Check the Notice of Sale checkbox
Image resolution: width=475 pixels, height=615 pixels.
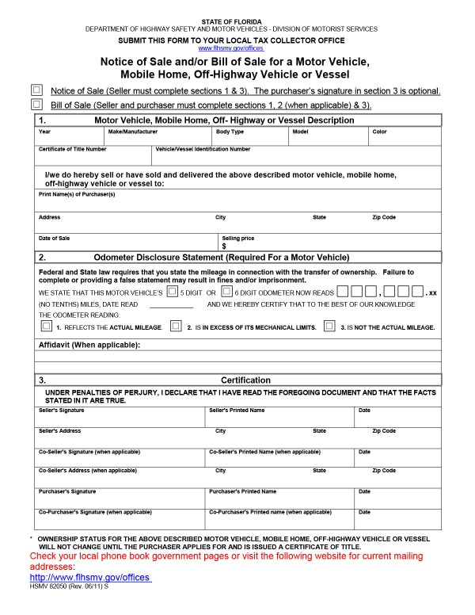point(36,90)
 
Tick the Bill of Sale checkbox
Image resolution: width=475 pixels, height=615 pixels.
point(36,104)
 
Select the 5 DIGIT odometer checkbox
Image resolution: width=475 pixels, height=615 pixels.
point(172,292)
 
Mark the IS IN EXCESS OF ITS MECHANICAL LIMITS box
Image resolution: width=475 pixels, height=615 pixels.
point(176,326)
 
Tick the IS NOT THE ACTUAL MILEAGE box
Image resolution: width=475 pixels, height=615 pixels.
point(329,326)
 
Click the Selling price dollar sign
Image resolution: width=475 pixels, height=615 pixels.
point(225,246)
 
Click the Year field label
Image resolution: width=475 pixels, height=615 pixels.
point(44,132)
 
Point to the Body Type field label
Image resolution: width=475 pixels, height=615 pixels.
point(230,132)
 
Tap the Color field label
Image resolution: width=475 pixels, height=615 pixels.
point(379,132)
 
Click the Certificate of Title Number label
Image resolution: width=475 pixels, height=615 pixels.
point(72,149)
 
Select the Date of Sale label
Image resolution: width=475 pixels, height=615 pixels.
point(54,238)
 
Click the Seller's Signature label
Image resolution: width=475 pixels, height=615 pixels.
point(61,410)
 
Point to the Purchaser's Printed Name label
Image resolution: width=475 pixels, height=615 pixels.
point(242,491)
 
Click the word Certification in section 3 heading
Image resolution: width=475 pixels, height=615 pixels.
point(245,380)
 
